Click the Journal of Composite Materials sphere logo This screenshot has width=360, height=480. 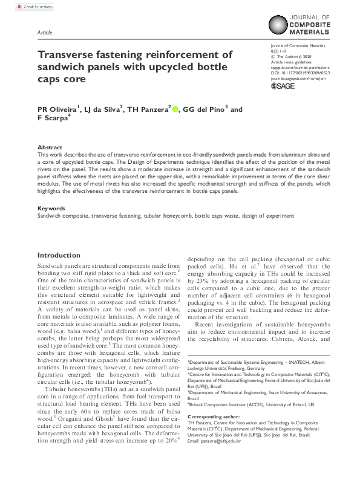click(x=284, y=26)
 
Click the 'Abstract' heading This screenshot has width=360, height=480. click(x=50, y=147)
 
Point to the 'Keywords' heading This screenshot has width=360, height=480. click(x=52, y=208)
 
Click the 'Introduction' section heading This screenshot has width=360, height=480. click(x=59, y=255)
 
